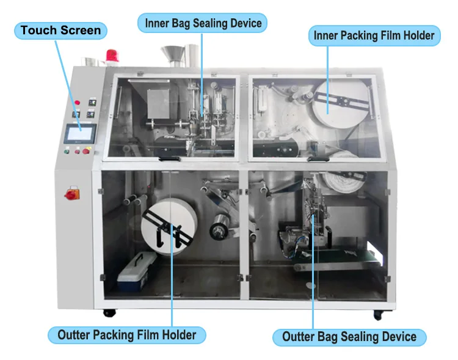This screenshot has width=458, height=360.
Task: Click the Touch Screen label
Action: tap(61, 31)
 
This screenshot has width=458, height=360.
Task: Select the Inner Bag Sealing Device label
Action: tap(203, 24)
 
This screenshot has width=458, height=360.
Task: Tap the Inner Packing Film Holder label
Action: tap(374, 35)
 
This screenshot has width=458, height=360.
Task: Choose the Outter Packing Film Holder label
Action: tap(127, 335)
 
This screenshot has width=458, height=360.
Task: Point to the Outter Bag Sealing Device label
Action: tap(349, 337)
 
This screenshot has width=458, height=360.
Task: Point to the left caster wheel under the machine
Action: tap(109, 312)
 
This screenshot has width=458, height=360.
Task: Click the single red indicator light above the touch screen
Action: tap(78, 101)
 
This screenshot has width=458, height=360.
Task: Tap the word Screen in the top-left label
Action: tap(82, 31)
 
